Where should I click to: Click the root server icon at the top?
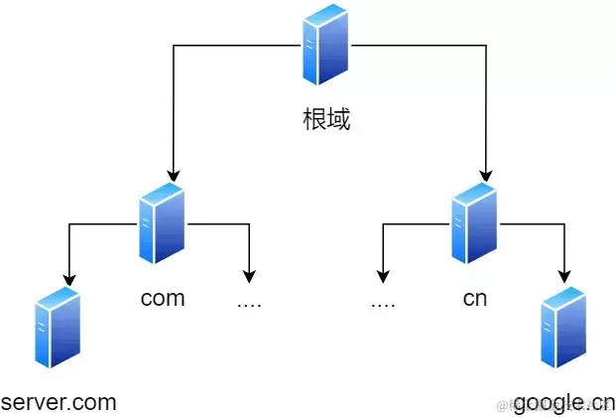[x=326, y=46]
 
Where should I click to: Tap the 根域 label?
[x=326, y=121]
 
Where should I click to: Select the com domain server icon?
[x=162, y=224]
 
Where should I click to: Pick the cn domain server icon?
[x=473, y=224]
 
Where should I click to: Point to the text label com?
[x=163, y=298]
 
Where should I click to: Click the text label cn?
[x=474, y=298]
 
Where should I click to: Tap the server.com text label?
[x=60, y=402]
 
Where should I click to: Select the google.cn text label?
[x=562, y=402]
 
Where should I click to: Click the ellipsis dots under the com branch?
[x=249, y=301]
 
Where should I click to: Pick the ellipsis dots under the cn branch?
[x=383, y=301]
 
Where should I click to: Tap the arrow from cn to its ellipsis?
[x=383, y=253]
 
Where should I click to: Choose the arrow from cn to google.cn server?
[x=564, y=253]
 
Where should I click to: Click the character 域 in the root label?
[x=338, y=121]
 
